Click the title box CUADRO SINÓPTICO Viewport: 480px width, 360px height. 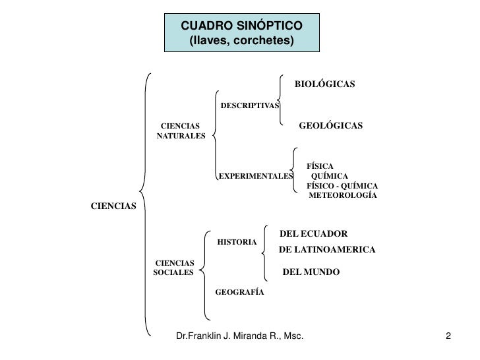(x=241, y=32)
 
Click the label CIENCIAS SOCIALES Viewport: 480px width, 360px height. (x=173, y=267)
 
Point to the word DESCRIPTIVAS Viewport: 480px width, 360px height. (x=249, y=105)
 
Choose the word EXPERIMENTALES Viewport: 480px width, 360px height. (x=255, y=177)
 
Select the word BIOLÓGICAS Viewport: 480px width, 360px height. (x=324, y=84)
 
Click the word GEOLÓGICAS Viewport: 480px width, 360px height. (x=331, y=125)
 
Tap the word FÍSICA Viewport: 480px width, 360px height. (x=320, y=166)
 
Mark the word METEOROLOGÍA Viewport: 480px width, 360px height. (x=343, y=196)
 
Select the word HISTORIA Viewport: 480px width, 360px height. (x=237, y=242)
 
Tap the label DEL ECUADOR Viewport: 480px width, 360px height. (x=314, y=233)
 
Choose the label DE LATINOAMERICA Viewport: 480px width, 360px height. (x=327, y=250)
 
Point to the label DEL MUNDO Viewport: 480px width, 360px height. (x=311, y=271)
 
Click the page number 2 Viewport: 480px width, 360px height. (x=448, y=338)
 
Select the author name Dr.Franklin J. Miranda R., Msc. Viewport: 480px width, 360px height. (x=240, y=338)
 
